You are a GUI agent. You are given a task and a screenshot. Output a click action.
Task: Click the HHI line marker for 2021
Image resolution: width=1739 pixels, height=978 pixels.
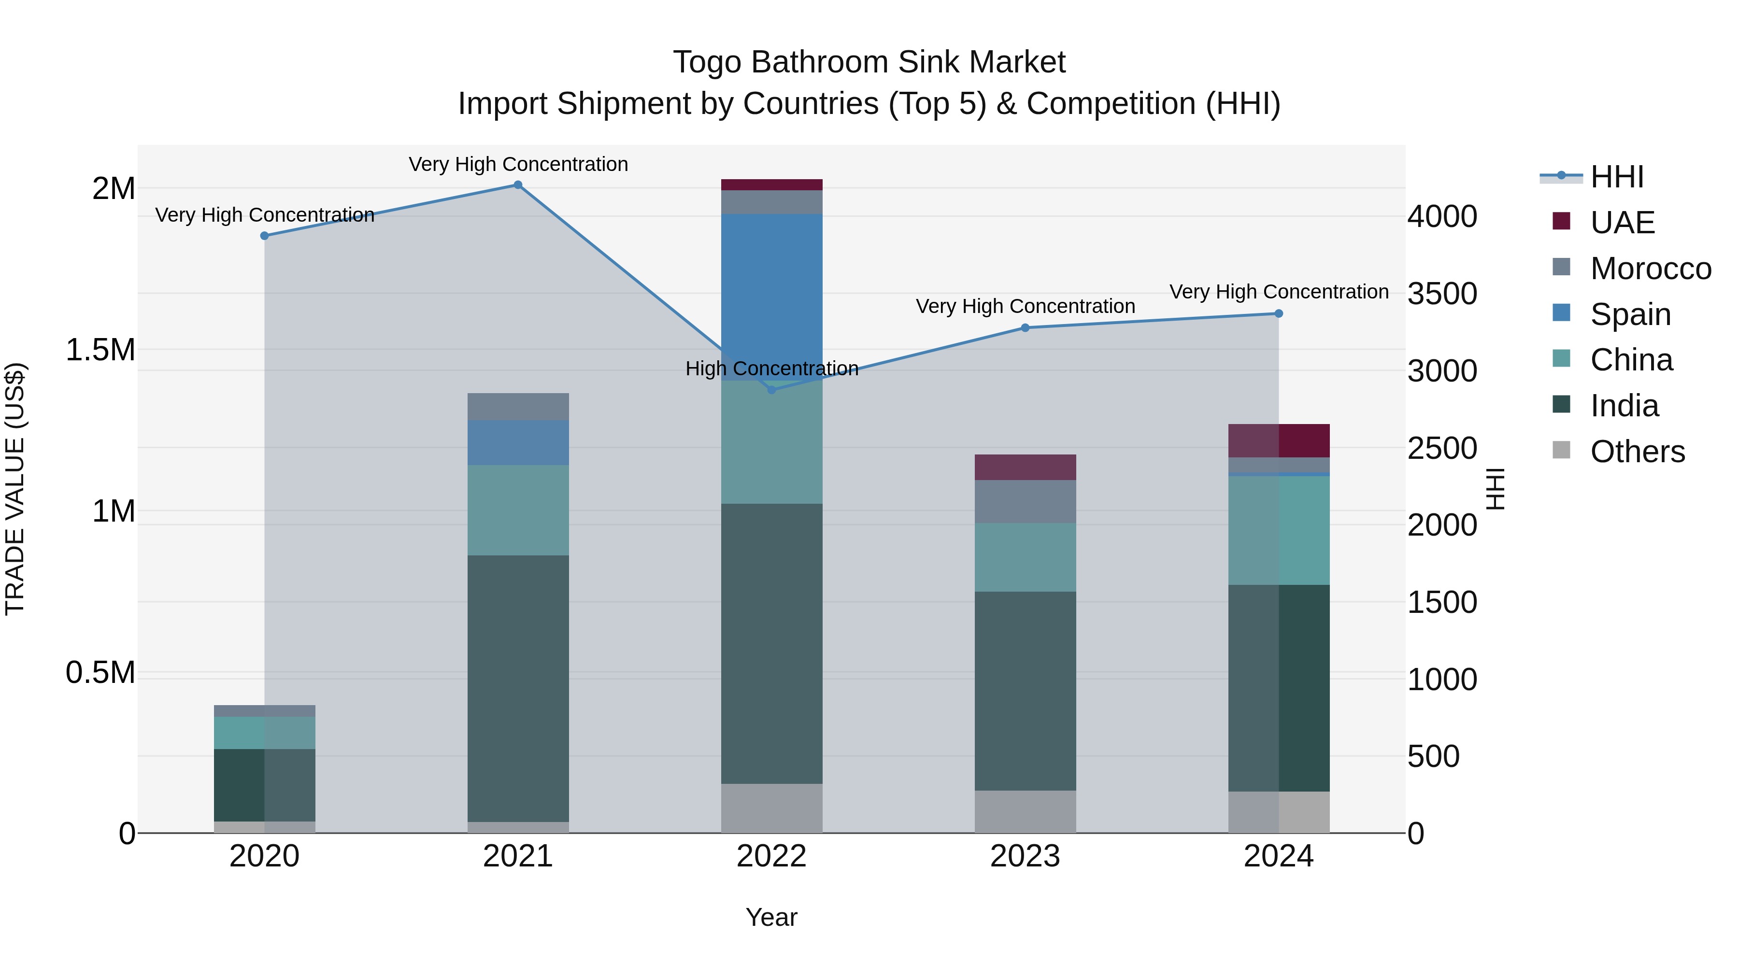(518, 185)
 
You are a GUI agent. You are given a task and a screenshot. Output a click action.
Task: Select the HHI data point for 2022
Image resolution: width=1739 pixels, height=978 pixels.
(771, 389)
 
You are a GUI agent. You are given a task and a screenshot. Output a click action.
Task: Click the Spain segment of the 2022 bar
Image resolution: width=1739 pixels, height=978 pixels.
(771, 297)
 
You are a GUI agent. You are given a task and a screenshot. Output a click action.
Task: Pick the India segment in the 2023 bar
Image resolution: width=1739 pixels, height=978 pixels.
(1025, 691)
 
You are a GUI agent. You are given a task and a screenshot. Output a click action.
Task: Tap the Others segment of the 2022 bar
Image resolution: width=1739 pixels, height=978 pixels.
(771, 808)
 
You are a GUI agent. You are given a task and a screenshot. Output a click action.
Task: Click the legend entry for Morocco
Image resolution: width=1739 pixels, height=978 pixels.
(1650, 269)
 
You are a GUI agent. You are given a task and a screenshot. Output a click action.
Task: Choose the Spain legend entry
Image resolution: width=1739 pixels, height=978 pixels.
(1630, 314)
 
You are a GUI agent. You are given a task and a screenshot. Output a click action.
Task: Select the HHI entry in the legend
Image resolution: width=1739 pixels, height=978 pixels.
(1616, 177)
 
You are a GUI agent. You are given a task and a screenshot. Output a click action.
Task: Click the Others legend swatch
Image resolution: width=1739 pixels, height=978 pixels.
(1561, 450)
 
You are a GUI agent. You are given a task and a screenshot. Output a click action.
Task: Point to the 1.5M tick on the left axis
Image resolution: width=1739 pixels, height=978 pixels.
(100, 350)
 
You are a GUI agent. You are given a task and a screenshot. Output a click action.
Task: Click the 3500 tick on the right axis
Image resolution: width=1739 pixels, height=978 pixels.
(1442, 294)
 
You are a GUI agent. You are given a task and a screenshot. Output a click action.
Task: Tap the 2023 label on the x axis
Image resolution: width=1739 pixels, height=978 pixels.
(1025, 856)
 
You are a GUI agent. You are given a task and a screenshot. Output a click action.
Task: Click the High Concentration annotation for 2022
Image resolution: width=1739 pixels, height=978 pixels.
(771, 369)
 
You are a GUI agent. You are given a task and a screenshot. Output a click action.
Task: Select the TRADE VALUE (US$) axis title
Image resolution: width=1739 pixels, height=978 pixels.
(15, 489)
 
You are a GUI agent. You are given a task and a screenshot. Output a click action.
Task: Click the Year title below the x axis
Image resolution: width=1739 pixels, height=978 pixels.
(771, 917)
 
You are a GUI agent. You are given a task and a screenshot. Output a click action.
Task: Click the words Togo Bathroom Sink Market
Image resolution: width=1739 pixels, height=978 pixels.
(869, 62)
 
